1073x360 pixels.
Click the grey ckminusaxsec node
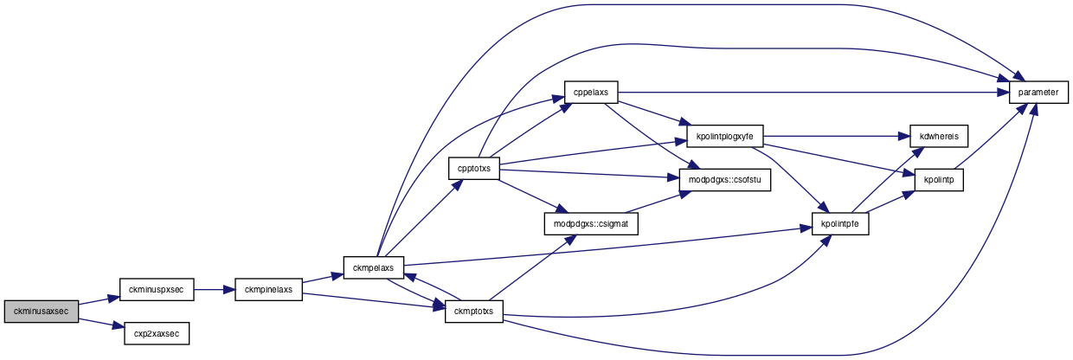tap(42, 312)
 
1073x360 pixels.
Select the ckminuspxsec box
tap(157, 290)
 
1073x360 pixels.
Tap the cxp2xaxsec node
tap(157, 334)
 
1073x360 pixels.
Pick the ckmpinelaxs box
tap(269, 290)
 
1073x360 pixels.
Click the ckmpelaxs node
tap(374, 267)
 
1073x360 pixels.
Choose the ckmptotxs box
tap(473, 312)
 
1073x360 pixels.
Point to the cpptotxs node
tap(474, 169)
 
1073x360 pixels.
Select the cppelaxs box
tap(591, 92)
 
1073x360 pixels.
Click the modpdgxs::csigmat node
tap(591, 224)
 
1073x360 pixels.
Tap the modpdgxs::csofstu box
tap(725, 180)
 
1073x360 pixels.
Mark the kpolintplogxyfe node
tap(725, 136)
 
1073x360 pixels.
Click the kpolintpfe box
tap(840, 224)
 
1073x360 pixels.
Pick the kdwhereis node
tap(939, 136)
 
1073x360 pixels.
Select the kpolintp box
tap(939, 180)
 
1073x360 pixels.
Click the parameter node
tap(1038, 92)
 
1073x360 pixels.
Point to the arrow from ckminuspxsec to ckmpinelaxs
tap(215, 290)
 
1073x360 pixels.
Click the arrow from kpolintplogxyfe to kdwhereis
tap(837, 136)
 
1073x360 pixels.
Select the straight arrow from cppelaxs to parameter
tap(813, 92)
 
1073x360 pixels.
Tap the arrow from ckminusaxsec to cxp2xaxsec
tap(101, 323)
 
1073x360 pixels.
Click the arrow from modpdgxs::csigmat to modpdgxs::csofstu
tap(659, 202)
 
